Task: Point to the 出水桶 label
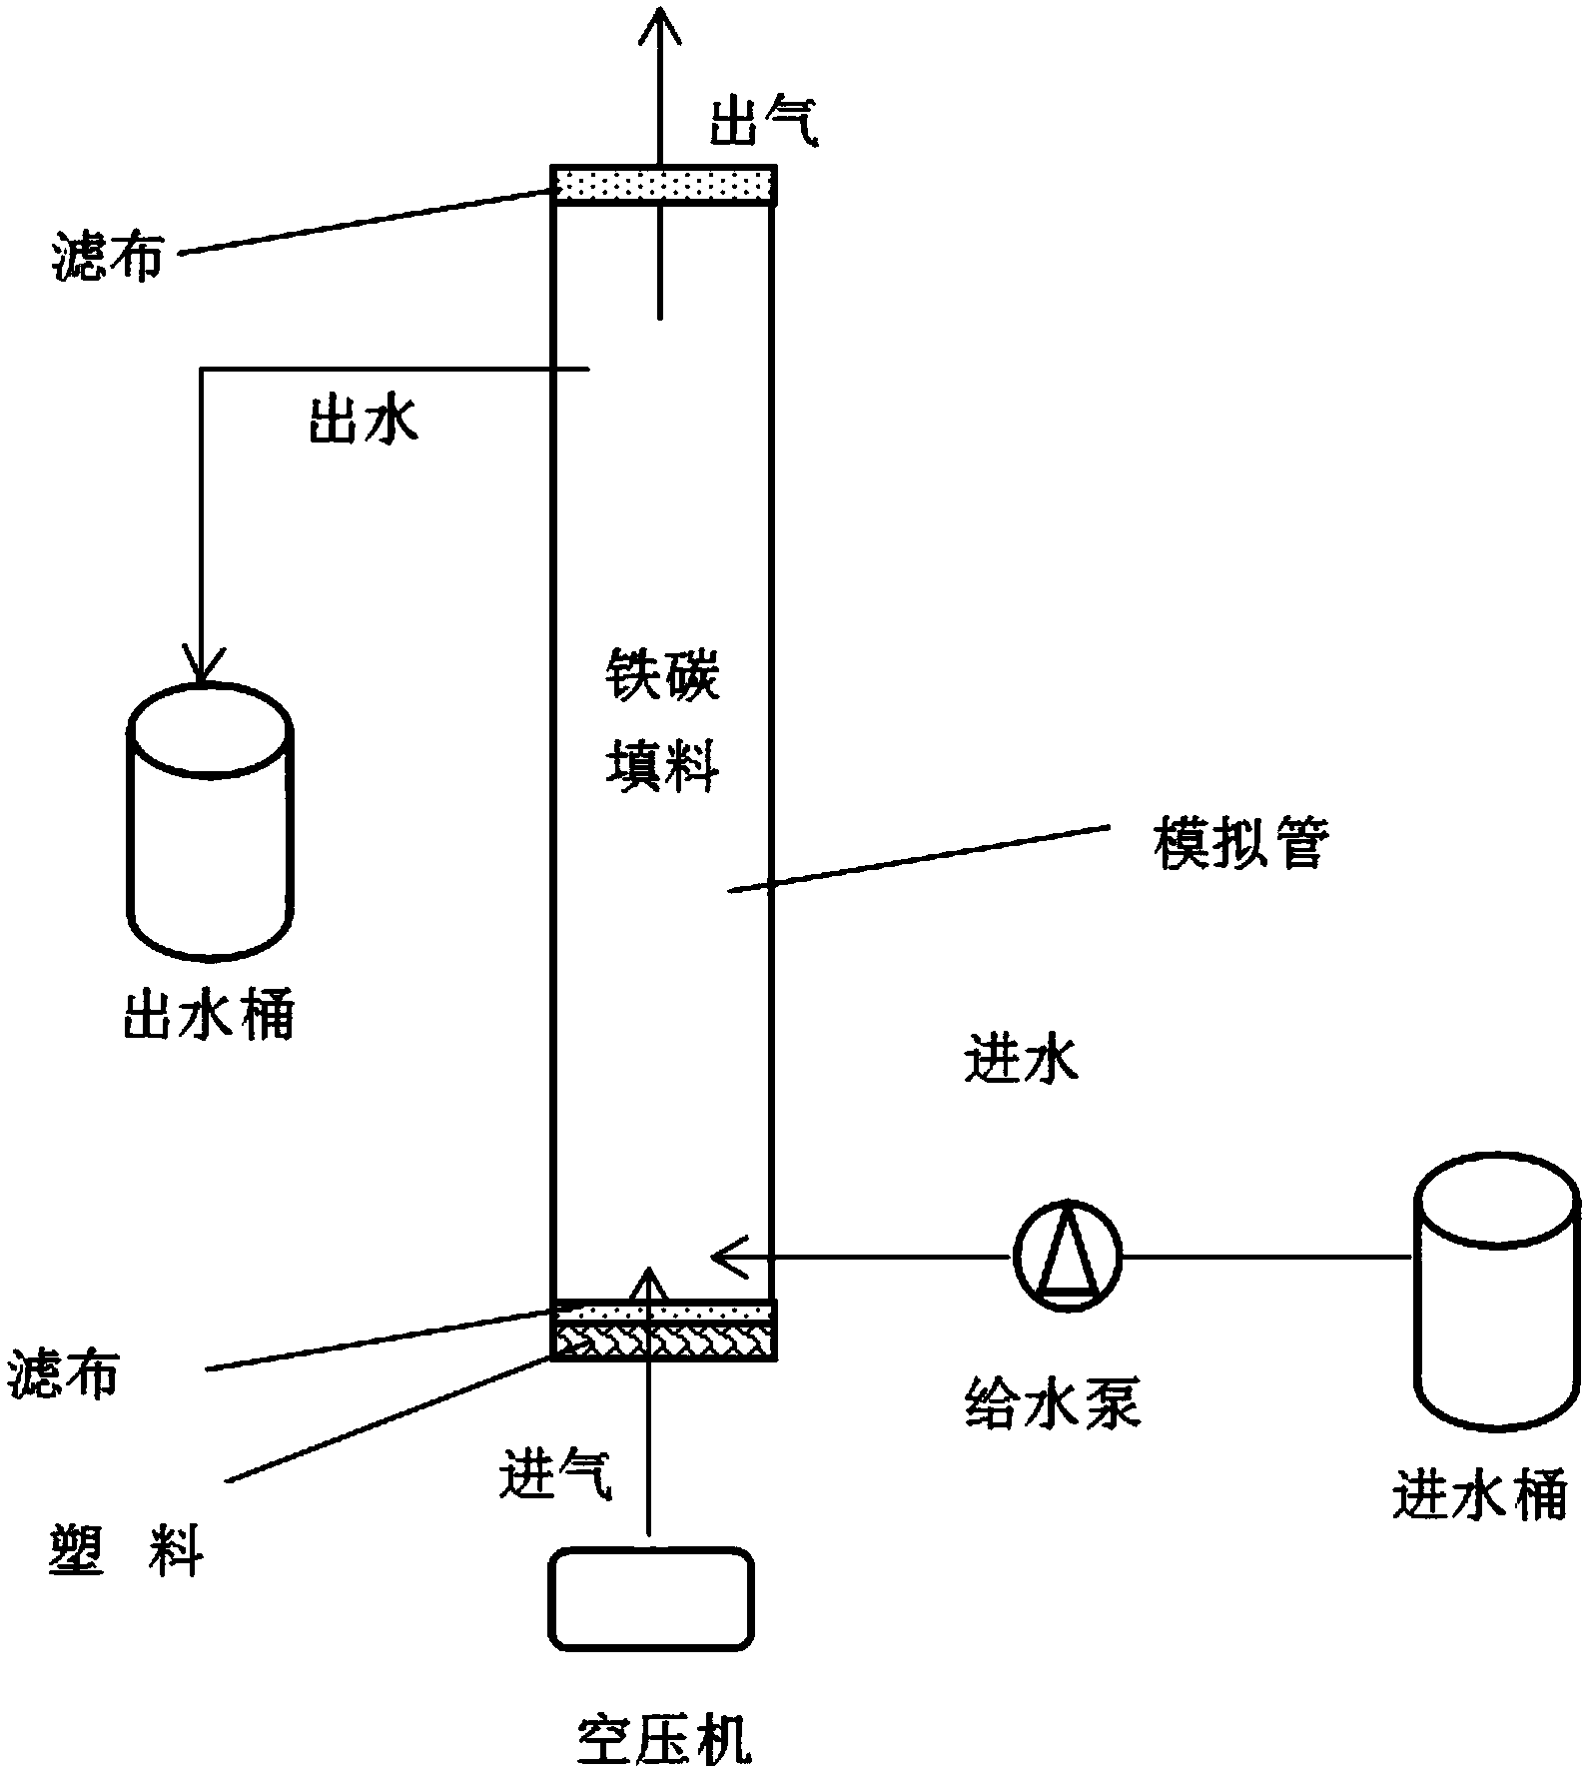click(209, 1018)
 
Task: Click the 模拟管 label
click(1240, 845)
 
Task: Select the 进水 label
click(1022, 1061)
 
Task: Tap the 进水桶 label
click(1478, 1495)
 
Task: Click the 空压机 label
click(664, 1740)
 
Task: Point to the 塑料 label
click(126, 1553)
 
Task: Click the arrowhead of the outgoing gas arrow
click(659, 25)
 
